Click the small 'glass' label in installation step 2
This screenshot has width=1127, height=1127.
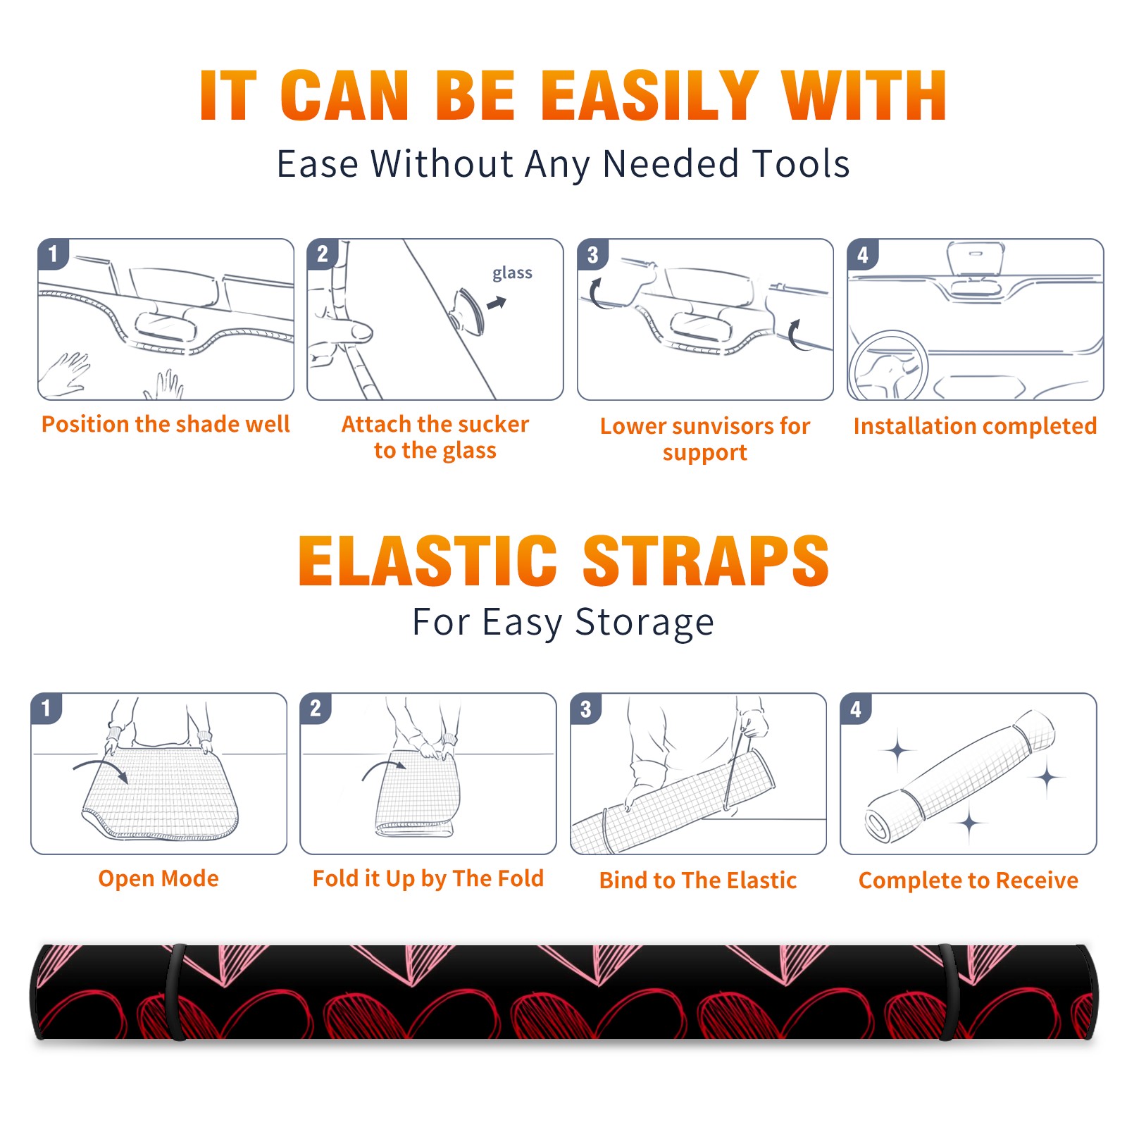point(512,273)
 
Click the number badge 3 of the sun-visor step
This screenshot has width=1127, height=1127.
point(592,255)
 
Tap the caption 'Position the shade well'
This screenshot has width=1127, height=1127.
point(166,424)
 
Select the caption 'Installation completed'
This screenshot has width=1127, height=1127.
point(975,426)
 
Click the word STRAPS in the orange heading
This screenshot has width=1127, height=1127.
point(706,561)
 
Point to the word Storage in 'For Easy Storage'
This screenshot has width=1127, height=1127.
point(645,623)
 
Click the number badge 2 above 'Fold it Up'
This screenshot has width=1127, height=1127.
point(315,709)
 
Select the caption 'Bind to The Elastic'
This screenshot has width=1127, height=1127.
point(697,880)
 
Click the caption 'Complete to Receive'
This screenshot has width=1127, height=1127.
point(968,880)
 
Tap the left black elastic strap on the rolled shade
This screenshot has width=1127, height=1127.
point(175,992)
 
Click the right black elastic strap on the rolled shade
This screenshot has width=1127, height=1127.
point(949,992)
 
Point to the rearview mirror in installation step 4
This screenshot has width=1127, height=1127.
point(976,259)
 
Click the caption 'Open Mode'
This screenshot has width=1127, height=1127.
point(158,878)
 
